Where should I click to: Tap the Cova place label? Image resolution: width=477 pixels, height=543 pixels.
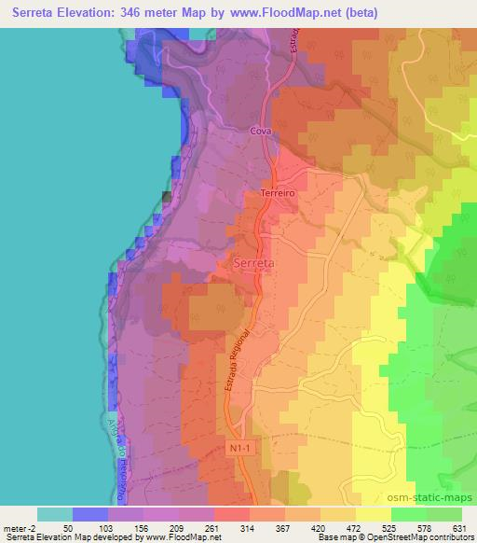[260, 133]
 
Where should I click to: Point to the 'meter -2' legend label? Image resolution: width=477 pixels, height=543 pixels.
[20, 527]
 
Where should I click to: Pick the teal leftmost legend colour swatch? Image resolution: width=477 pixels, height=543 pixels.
[54, 514]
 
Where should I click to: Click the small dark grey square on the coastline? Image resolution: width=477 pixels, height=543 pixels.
[167, 196]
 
